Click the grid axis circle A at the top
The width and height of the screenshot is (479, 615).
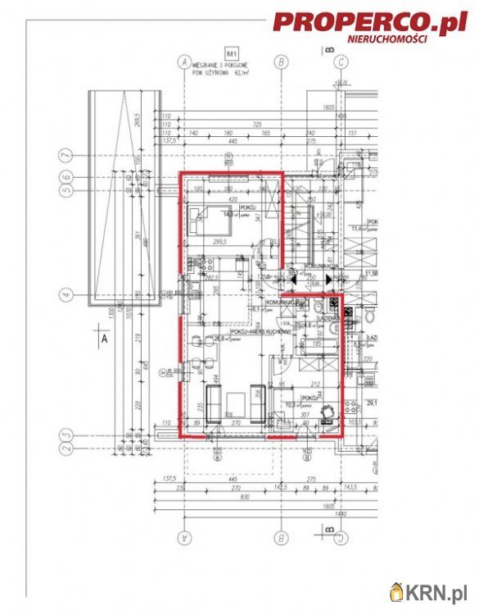point(184,61)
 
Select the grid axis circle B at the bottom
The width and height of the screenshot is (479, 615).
point(281,538)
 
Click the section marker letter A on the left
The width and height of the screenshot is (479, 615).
point(102,336)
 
